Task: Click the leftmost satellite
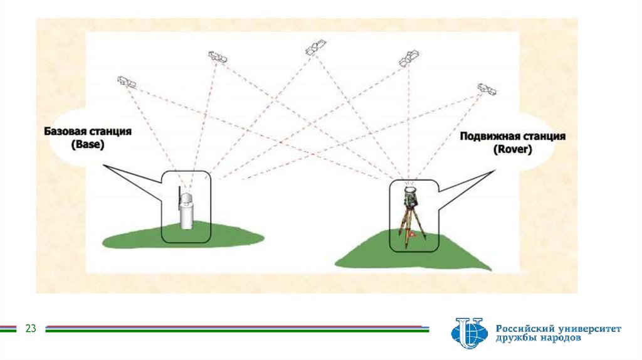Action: [x=127, y=82]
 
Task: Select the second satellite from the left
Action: [x=218, y=56]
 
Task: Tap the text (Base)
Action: [x=87, y=144]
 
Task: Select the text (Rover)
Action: [x=512, y=149]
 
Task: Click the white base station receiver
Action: [x=186, y=211]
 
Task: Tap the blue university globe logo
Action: [x=468, y=333]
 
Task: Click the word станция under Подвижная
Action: [x=544, y=137]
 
